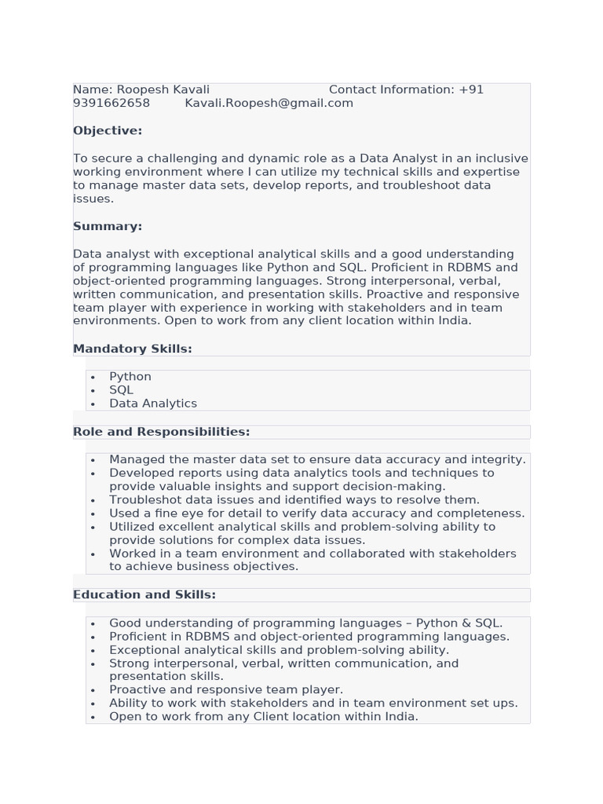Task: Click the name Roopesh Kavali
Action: pyautogui.click(x=163, y=90)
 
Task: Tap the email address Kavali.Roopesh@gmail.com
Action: pyautogui.click(x=269, y=103)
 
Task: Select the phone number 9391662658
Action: pyautogui.click(x=111, y=103)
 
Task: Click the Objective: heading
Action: pyautogui.click(x=108, y=130)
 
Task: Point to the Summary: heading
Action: pyautogui.click(x=108, y=226)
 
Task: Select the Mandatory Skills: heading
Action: pyautogui.click(x=133, y=349)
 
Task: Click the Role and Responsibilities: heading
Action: pyautogui.click(x=161, y=432)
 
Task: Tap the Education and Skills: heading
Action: pyautogui.click(x=144, y=594)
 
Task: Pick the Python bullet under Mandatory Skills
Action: pyautogui.click(x=130, y=377)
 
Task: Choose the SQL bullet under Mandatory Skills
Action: pyautogui.click(x=121, y=390)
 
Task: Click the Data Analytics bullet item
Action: pyautogui.click(x=153, y=404)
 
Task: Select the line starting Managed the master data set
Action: pyautogui.click(x=317, y=459)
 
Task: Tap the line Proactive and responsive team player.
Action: pyautogui.click(x=226, y=689)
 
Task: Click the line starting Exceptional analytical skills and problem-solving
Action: pyautogui.click(x=279, y=650)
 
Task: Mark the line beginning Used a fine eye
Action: pyautogui.click(x=316, y=513)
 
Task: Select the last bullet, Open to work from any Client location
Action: pyautogui.click(x=264, y=716)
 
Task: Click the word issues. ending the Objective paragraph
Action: pyautogui.click(x=93, y=199)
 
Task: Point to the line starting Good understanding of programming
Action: pyautogui.click(x=305, y=623)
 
